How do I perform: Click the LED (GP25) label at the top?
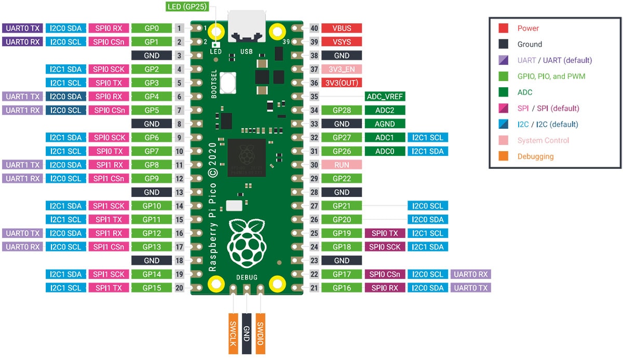tap(188, 7)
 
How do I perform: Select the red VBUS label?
tap(342, 29)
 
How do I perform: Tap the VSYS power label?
tap(342, 42)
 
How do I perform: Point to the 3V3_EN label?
tap(342, 69)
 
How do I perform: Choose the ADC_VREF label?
tap(385, 97)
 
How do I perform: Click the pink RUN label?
tap(342, 165)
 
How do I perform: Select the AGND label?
tap(385, 124)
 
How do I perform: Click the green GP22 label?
tap(342, 178)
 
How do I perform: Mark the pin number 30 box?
tap(314, 165)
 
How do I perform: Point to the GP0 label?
tap(151, 29)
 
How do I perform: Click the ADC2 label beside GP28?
tap(385, 110)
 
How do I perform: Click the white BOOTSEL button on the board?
tap(228, 82)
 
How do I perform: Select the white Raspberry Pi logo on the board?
tap(247, 241)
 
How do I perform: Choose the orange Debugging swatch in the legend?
tap(503, 156)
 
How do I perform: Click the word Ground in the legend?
tap(530, 44)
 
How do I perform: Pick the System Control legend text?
tap(543, 140)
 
